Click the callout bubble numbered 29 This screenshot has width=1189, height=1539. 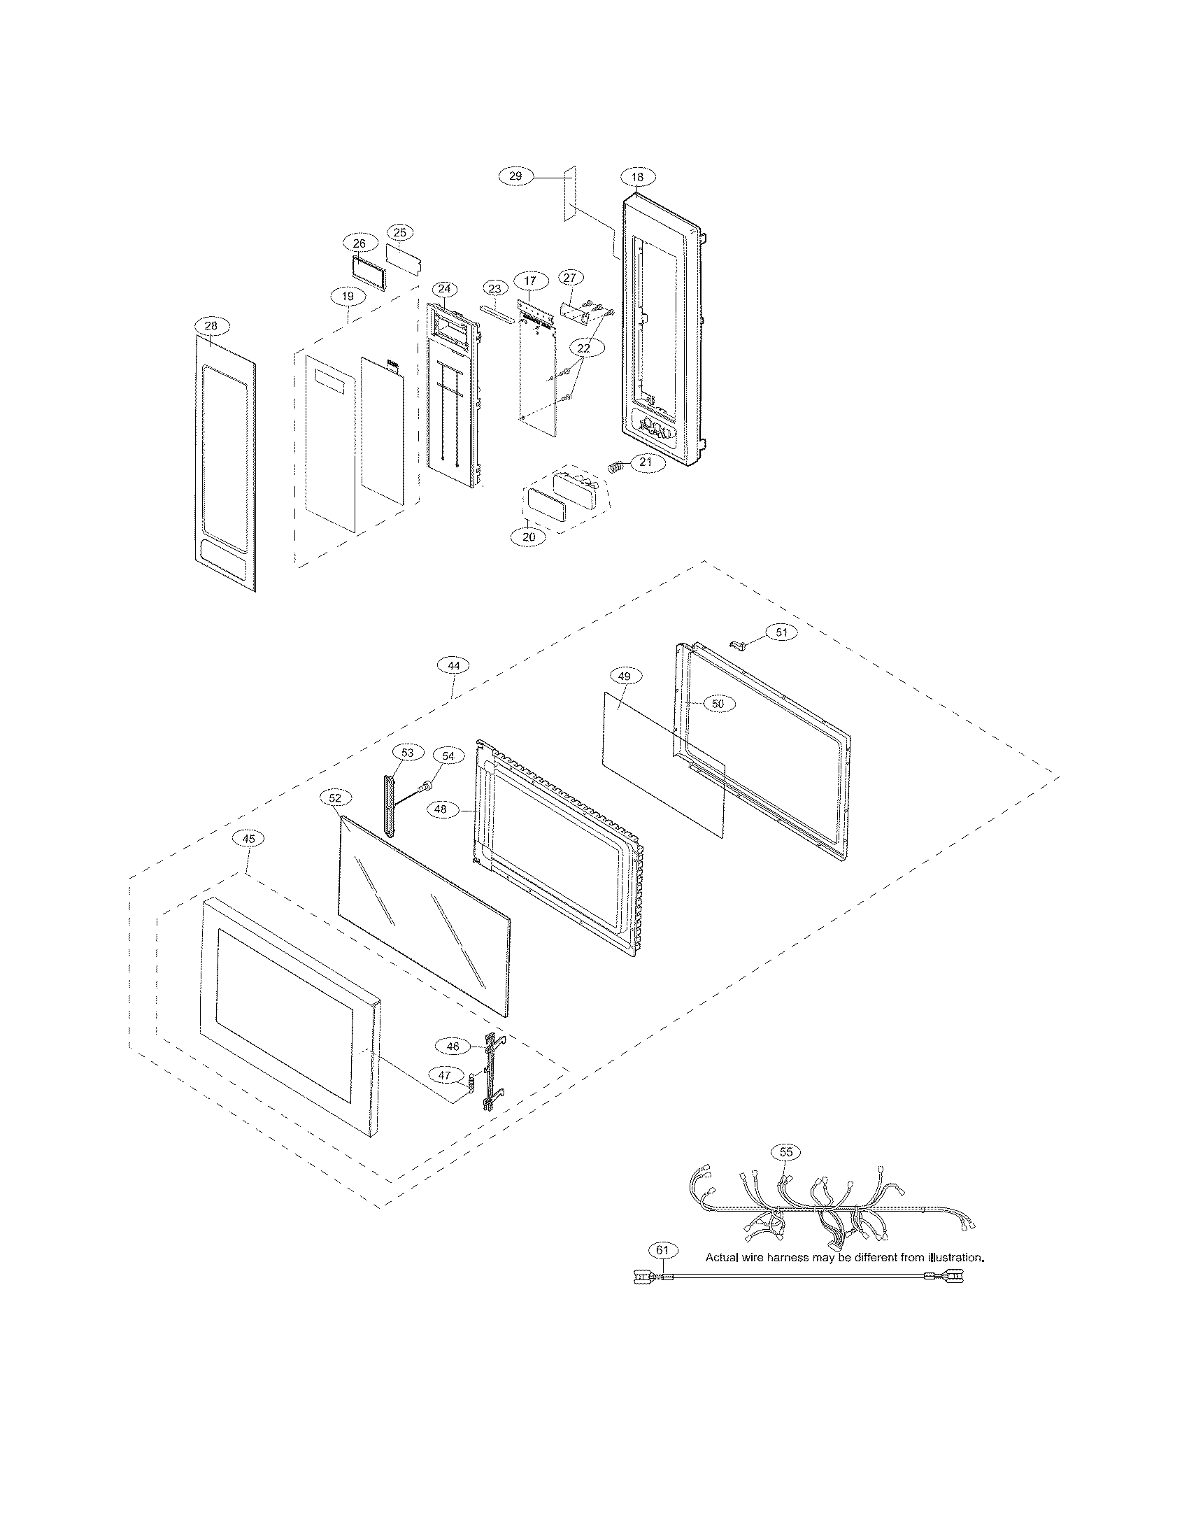point(515,176)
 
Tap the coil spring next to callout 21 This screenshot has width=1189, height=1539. point(617,467)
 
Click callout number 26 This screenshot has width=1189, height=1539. point(359,243)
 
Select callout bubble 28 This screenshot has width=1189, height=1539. point(211,325)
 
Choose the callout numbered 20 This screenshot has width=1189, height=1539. point(529,537)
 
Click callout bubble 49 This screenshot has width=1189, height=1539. point(624,676)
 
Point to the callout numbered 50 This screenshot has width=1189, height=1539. point(718,703)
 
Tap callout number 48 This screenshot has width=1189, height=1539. point(440,809)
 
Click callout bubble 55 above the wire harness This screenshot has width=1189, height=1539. point(786,1151)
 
